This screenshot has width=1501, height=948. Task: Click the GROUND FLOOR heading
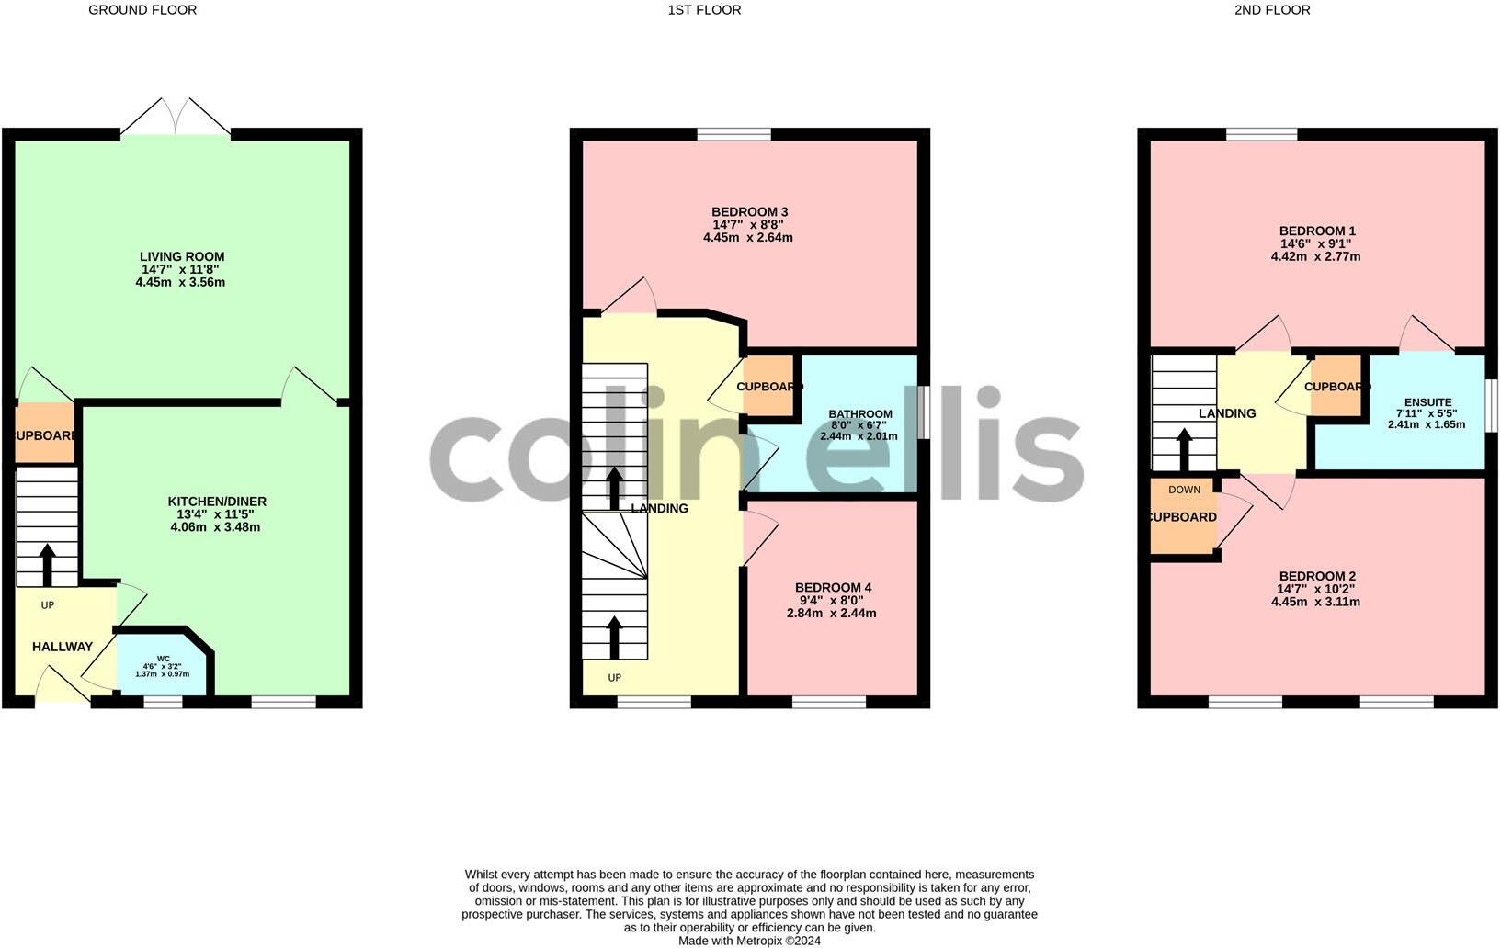142,10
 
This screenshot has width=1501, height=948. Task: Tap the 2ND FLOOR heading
1272,10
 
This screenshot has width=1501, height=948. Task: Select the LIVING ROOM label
182,256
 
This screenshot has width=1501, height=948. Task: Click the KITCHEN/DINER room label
217,502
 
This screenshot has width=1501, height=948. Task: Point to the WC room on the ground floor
163,666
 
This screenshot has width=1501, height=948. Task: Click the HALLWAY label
63,647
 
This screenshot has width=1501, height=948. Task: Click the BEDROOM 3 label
749,212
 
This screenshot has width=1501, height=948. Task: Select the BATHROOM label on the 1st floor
859,414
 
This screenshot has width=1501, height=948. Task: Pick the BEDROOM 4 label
833,588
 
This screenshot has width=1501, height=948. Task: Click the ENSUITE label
1427,402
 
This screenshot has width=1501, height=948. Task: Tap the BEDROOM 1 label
1317,231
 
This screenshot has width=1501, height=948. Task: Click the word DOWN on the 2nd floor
1184,490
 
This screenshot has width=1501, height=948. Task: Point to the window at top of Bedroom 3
733,134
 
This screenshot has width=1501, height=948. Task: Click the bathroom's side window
924,412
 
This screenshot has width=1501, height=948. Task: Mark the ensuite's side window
1491,405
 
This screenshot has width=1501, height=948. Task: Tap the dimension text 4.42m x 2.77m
1315,257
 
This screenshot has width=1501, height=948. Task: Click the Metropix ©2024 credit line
749,941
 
